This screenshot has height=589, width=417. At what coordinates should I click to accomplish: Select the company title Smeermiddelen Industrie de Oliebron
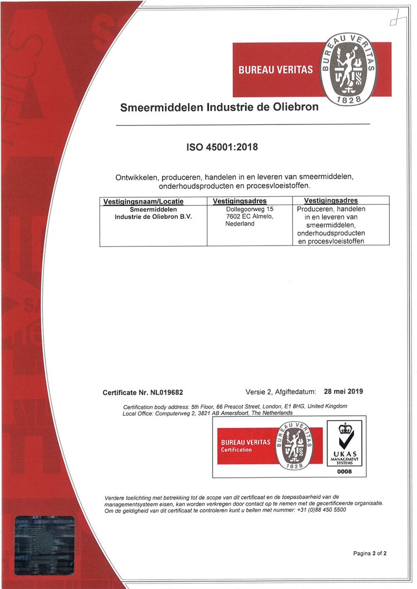219,107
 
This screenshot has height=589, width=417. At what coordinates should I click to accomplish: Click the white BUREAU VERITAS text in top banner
275,70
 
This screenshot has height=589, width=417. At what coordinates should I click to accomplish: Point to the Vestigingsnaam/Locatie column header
143,201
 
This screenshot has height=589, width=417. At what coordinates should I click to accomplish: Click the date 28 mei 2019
343,392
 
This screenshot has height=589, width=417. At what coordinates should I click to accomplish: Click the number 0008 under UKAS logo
345,472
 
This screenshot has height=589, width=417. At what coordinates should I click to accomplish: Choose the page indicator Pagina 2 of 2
370,553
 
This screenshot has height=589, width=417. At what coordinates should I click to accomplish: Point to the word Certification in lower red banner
237,450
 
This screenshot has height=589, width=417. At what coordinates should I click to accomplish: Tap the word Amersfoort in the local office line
230,413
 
